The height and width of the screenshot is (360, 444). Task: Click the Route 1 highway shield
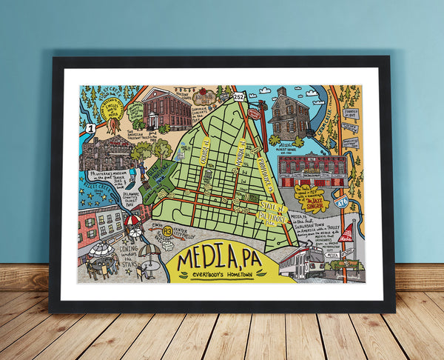90,127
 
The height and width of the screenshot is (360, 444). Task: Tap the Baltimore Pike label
271,212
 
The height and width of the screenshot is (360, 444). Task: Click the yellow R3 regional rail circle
168,232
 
